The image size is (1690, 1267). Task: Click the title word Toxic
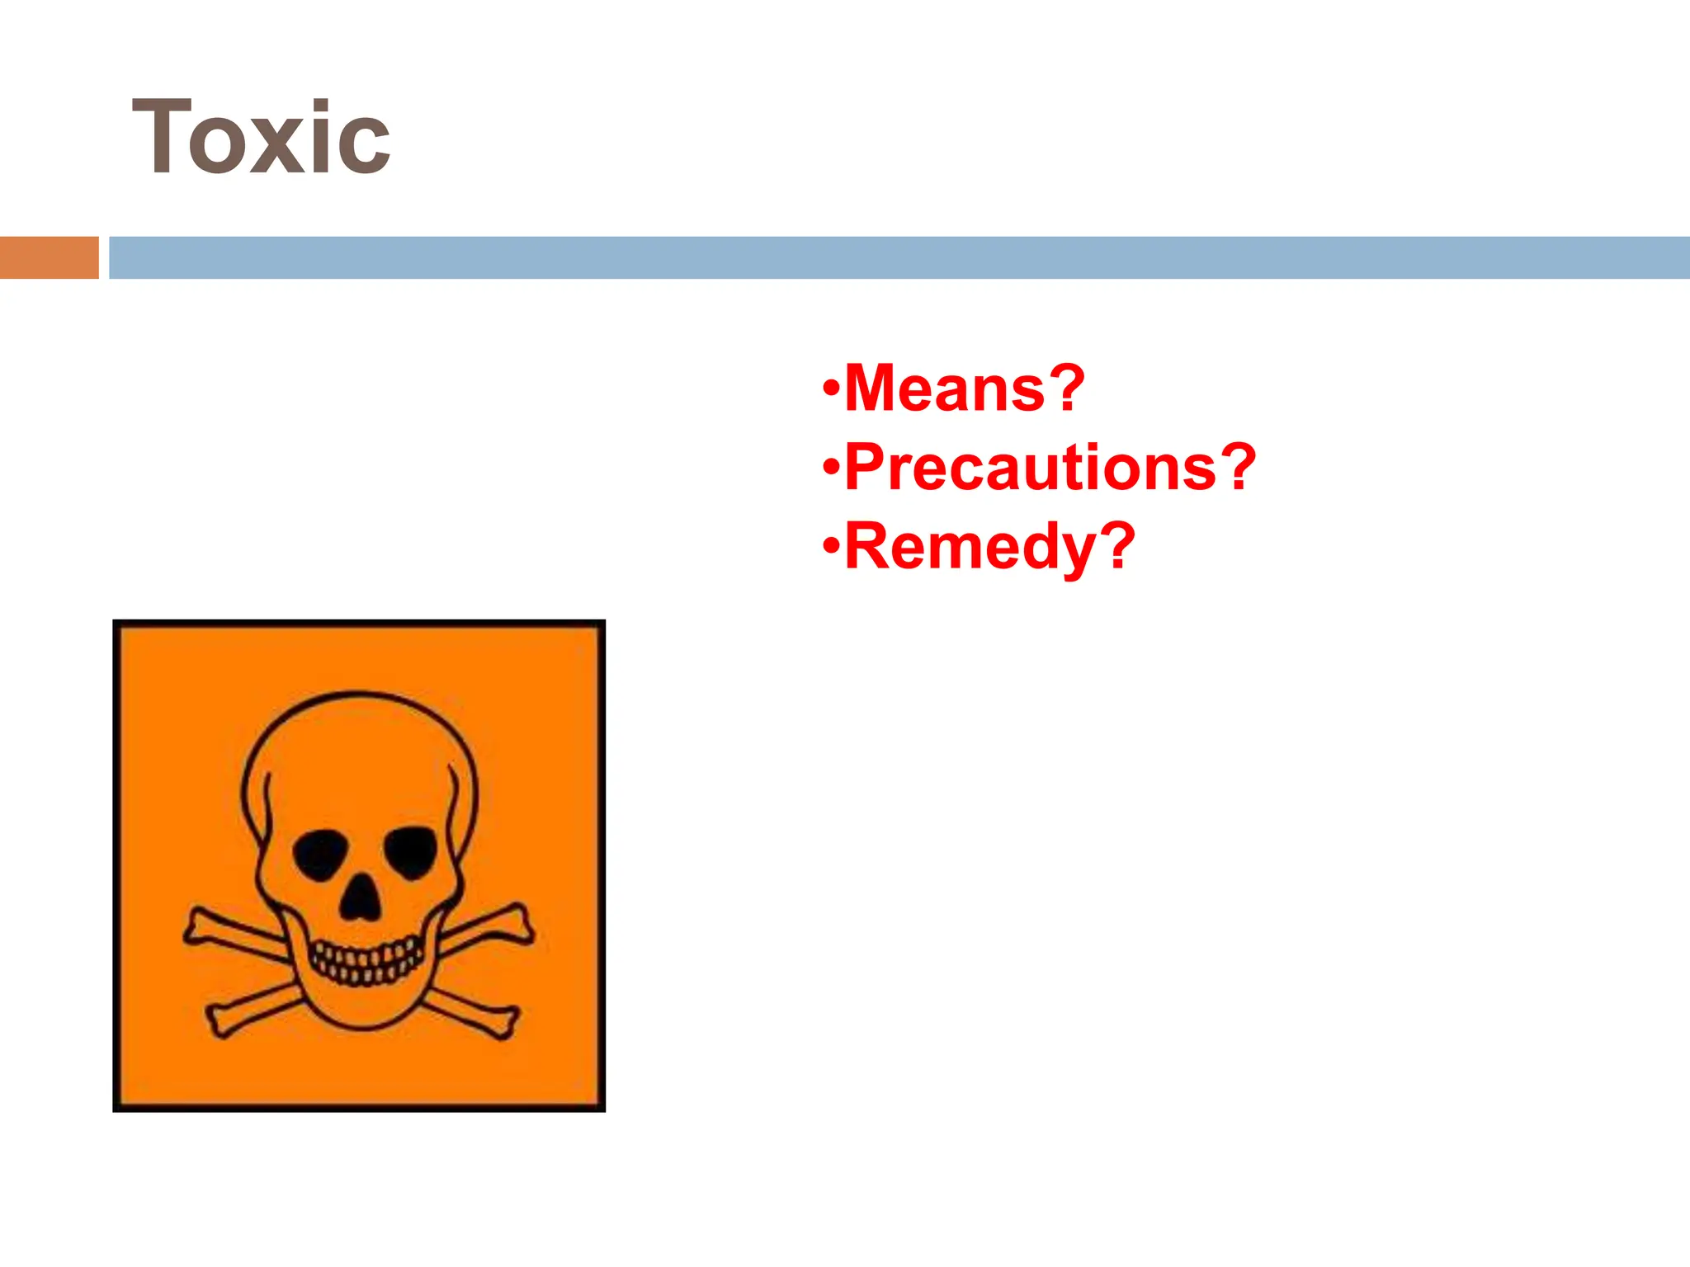pyautogui.click(x=261, y=138)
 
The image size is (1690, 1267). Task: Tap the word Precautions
pyautogui.click(x=1030, y=467)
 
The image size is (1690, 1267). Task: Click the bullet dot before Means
pyautogui.click(x=831, y=388)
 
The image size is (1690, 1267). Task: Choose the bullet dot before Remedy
pyautogui.click(x=831, y=546)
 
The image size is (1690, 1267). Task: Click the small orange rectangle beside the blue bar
pyautogui.click(x=49, y=257)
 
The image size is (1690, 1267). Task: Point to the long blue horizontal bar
pyautogui.click(x=899, y=257)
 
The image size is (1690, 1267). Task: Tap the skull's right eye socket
pyautogui.click(x=411, y=850)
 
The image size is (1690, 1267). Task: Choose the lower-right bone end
pyautogui.click(x=503, y=1023)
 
